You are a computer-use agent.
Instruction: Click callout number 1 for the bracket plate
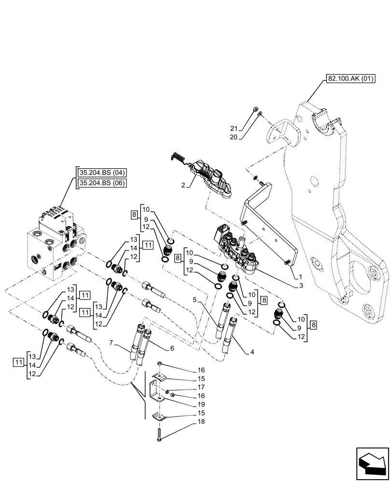(x=300, y=277)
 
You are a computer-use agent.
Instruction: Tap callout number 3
(x=300, y=286)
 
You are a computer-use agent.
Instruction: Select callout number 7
(x=111, y=343)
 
